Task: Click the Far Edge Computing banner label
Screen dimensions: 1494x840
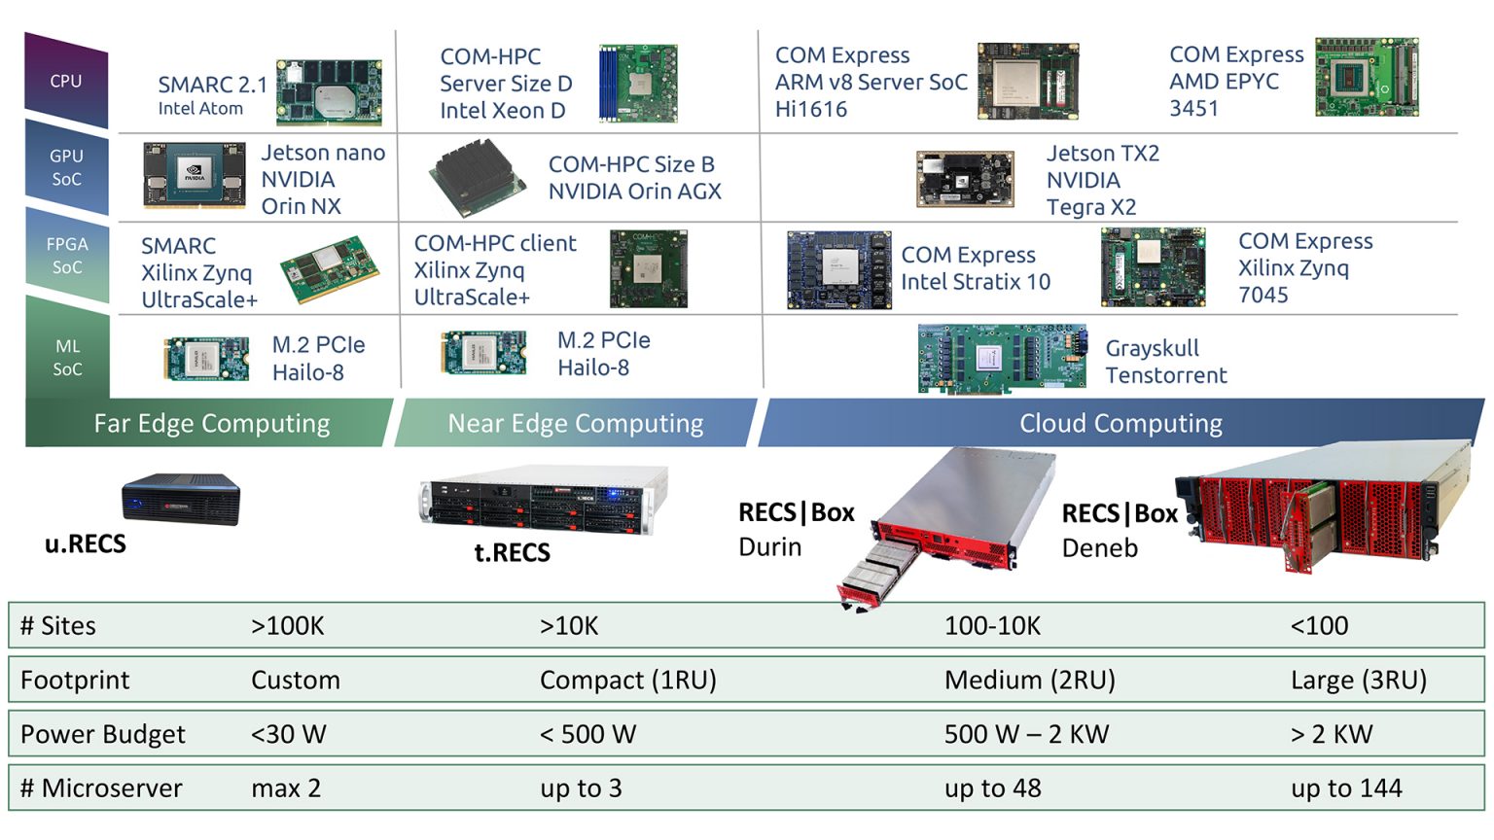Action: pos(211,423)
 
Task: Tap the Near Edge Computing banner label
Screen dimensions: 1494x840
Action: pos(575,423)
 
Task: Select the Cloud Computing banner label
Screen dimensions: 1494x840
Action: pos(1120,423)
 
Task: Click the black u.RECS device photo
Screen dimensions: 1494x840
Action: pos(181,499)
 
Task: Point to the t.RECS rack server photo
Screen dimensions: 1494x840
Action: pos(544,500)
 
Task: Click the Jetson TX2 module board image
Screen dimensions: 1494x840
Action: pos(965,179)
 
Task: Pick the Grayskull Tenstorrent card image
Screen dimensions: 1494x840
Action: pos(1003,358)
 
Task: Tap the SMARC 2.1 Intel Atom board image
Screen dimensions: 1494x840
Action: pos(329,92)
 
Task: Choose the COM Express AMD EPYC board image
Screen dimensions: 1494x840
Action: pos(1367,78)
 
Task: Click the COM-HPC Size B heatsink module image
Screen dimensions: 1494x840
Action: pos(477,178)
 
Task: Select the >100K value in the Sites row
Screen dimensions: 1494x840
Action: pos(288,626)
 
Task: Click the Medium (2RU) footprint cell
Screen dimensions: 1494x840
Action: pos(1030,680)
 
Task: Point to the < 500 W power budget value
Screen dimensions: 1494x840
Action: pos(587,734)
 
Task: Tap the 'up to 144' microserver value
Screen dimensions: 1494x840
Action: pos(1346,788)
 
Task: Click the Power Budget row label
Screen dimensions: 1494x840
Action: pos(103,734)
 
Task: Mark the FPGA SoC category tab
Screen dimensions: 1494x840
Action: pos(67,256)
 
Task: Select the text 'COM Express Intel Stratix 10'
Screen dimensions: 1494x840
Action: pos(976,268)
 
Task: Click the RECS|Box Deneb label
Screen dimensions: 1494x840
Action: pos(1120,530)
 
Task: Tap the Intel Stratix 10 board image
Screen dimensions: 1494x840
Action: pos(839,270)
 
